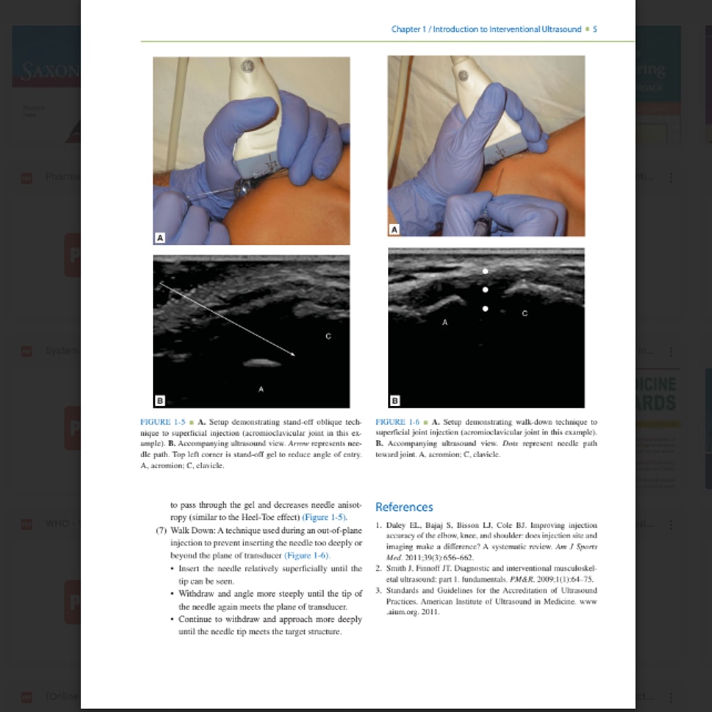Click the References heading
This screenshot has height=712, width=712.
click(404, 507)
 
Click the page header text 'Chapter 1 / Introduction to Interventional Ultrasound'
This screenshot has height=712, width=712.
click(486, 29)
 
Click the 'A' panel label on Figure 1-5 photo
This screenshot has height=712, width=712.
click(160, 238)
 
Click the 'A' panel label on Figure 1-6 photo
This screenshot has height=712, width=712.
click(394, 229)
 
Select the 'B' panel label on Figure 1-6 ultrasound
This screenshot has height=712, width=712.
click(394, 401)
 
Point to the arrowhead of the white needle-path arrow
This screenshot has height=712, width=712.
click(293, 353)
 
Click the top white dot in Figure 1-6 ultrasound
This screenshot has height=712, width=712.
click(486, 271)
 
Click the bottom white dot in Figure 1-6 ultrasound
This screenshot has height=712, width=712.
click(486, 309)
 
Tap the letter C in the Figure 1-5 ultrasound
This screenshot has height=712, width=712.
click(328, 335)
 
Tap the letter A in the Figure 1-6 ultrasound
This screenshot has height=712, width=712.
click(445, 323)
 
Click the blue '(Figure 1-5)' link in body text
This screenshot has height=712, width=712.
click(325, 517)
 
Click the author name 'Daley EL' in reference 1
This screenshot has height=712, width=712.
click(399, 525)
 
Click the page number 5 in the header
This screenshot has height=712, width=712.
click(595, 29)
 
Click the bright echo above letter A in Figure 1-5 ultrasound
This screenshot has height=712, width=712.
click(261, 363)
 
